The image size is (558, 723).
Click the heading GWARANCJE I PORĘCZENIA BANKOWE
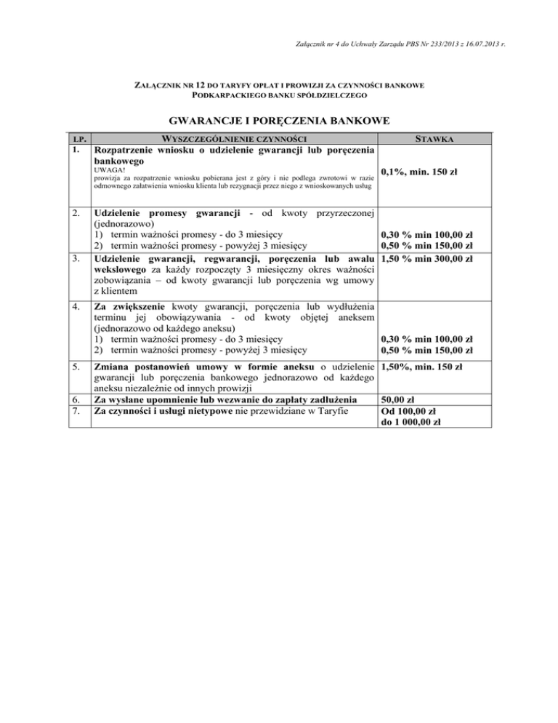pyautogui.click(x=278, y=119)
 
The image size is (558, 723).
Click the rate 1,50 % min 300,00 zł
pyautogui.click(x=427, y=259)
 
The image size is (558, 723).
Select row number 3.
pyautogui.click(x=74, y=259)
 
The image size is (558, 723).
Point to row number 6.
pyautogui.click(x=74, y=399)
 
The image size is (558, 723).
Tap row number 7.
pyautogui.click(x=74, y=411)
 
